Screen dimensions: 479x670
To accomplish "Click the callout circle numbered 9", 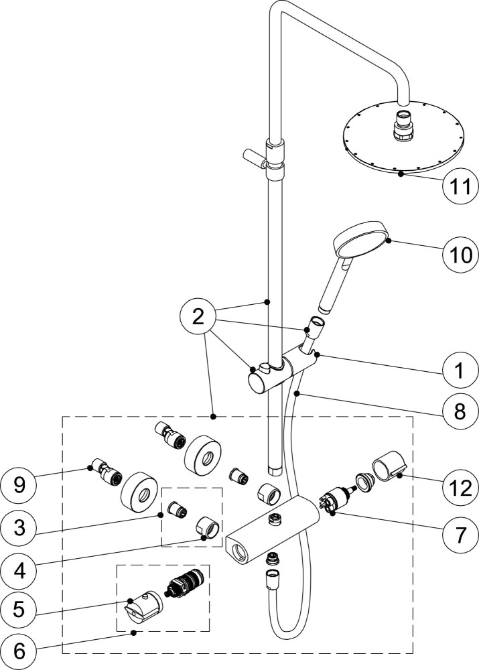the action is coord(18,484).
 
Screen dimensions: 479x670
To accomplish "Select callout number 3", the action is coord(18,528).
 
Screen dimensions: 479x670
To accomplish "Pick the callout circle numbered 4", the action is coord(18,571).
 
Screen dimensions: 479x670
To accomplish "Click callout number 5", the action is coord(18,610).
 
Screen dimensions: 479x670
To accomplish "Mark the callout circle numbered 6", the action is coord(18,652).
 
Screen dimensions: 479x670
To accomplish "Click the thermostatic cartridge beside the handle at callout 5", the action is coord(186,580).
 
